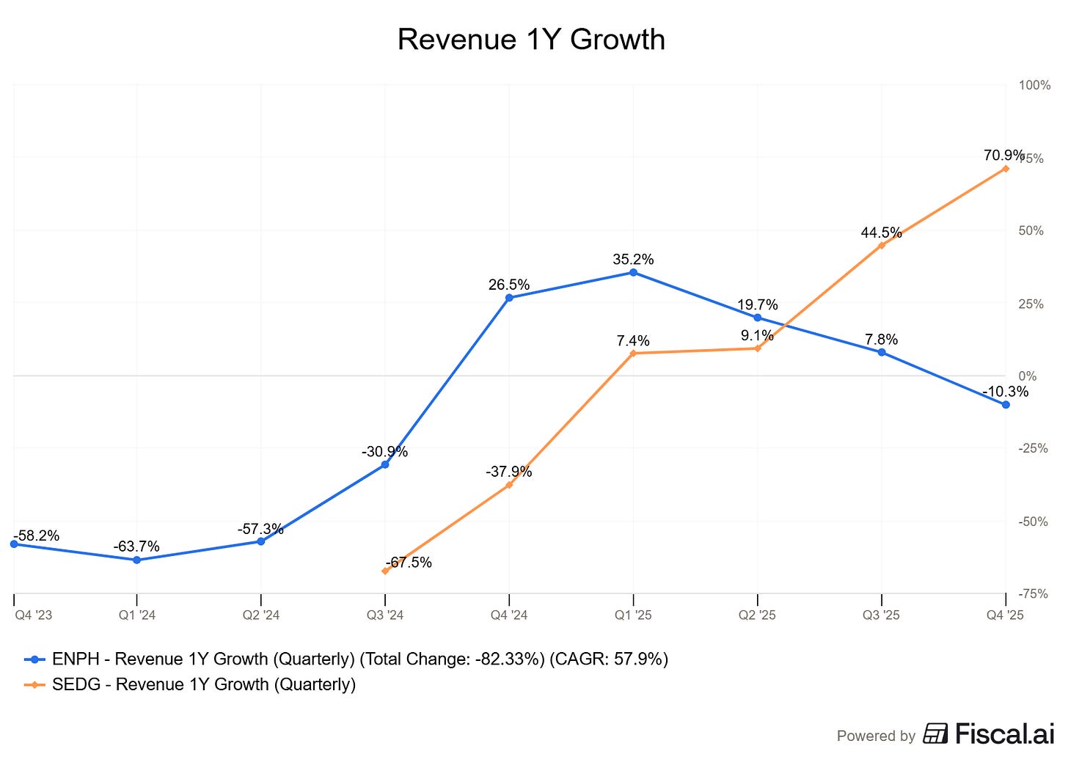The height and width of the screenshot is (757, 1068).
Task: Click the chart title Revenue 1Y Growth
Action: click(x=531, y=40)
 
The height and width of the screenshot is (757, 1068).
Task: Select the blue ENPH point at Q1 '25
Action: click(x=634, y=273)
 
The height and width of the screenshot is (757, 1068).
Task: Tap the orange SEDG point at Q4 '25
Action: click(x=1006, y=169)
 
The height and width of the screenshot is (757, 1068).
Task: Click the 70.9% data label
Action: click(x=1004, y=156)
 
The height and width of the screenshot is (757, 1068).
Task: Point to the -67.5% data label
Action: click(x=409, y=563)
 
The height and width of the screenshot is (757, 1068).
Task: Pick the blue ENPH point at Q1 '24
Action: click(x=136, y=560)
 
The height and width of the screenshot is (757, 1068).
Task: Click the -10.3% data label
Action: click(x=1005, y=392)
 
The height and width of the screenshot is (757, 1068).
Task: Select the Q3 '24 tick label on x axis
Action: click(x=385, y=615)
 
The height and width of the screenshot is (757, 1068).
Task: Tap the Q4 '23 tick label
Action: click(x=34, y=615)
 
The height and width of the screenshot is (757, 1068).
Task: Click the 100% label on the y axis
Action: click(x=1034, y=85)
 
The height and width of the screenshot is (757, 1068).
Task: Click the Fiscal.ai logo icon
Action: click(x=935, y=734)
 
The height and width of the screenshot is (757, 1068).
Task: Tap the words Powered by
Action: click(x=876, y=736)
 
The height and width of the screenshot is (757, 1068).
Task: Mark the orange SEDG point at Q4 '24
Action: click(x=509, y=485)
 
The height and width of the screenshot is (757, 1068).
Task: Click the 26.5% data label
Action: click(x=509, y=285)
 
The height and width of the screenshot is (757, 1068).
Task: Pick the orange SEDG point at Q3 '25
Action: click(x=882, y=245)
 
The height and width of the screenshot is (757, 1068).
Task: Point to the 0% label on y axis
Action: click(x=1028, y=376)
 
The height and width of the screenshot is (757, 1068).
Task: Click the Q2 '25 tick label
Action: click(x=757, y=615)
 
